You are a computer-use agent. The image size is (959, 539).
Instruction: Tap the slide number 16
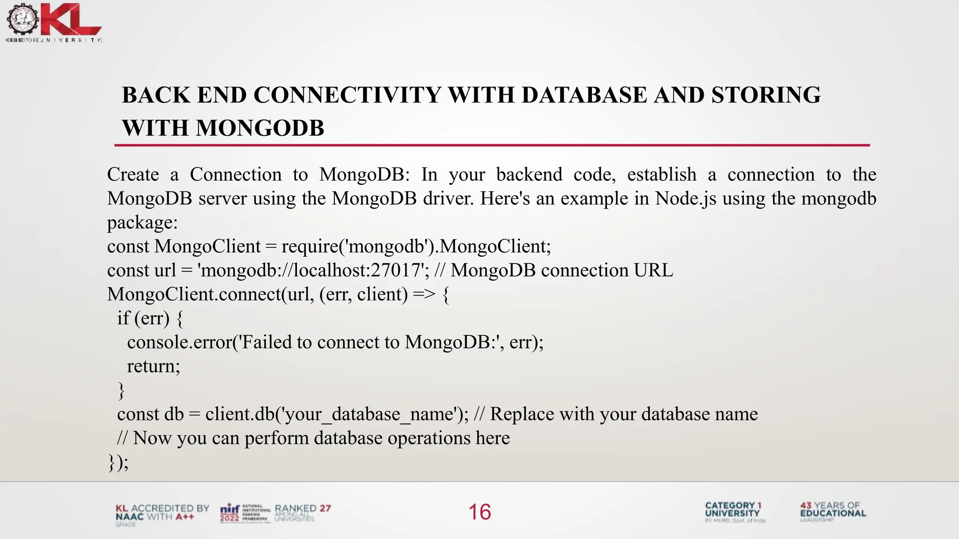[x=479, y=512]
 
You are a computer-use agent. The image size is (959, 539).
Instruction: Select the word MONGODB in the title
[x=260, y=128]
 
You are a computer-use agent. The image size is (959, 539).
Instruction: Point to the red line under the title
[x=492, y=146]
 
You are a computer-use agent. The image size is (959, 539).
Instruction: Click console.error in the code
[x=179, y=342]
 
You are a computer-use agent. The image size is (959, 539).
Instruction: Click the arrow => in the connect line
[x=424, y=294]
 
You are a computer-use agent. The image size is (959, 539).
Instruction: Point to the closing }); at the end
[x=118, y=462]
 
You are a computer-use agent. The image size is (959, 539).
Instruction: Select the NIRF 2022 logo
[x=230, y=513]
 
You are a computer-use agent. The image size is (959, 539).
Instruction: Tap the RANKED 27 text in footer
[x=302, y=509]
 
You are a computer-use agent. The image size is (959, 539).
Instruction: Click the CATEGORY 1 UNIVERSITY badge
[x=734, y=511]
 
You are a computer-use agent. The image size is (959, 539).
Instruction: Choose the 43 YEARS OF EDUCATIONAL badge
[x=833, y=511]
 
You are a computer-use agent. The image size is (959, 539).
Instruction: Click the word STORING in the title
[x=766, y=95]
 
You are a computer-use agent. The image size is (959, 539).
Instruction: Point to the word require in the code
[x=310, y=247]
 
